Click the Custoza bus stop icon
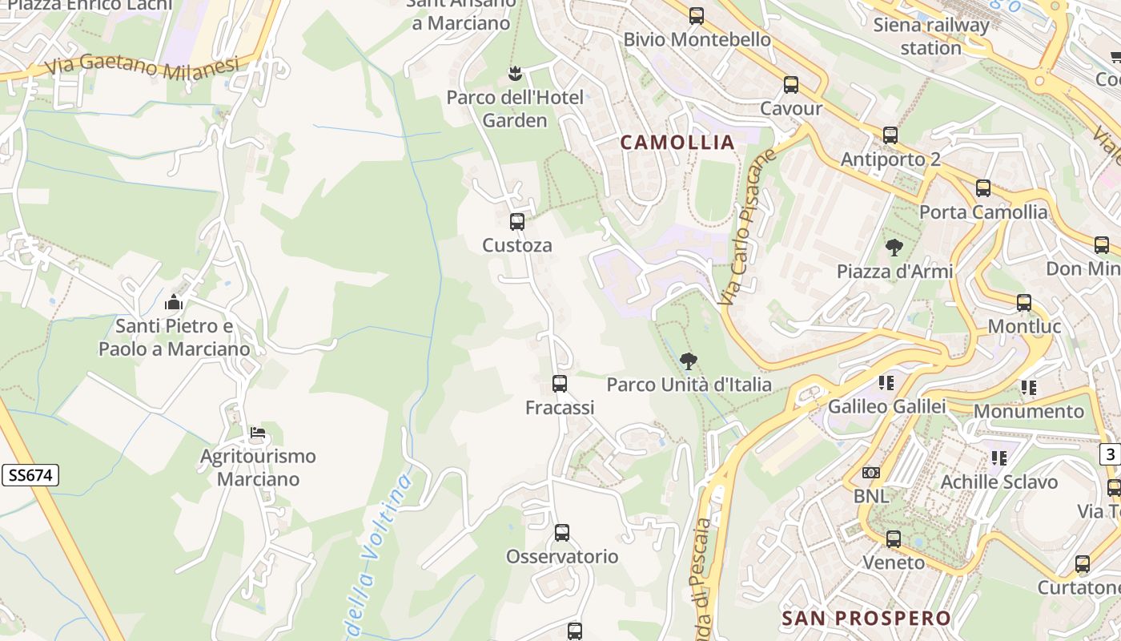pos(517,222)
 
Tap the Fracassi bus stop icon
pos(560,384)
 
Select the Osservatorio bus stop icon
pos(562,533)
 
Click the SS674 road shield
pos(30,475)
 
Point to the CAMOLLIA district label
pos(677,143)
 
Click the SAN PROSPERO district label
pos(866,619)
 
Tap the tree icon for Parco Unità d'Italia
pos(688,361)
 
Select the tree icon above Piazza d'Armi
pos(894,248)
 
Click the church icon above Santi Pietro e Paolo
pos(174,303)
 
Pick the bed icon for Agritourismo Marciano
pos(257,433)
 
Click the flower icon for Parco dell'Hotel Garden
pos(515,75)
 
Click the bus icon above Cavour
pos(791,85)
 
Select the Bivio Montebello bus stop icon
pos(697,16)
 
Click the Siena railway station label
pos(930,36)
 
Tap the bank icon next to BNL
pos(871,473)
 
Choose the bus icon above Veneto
pos(894,539)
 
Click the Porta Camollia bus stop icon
pos(983,188)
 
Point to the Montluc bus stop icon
pos(1024,303)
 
